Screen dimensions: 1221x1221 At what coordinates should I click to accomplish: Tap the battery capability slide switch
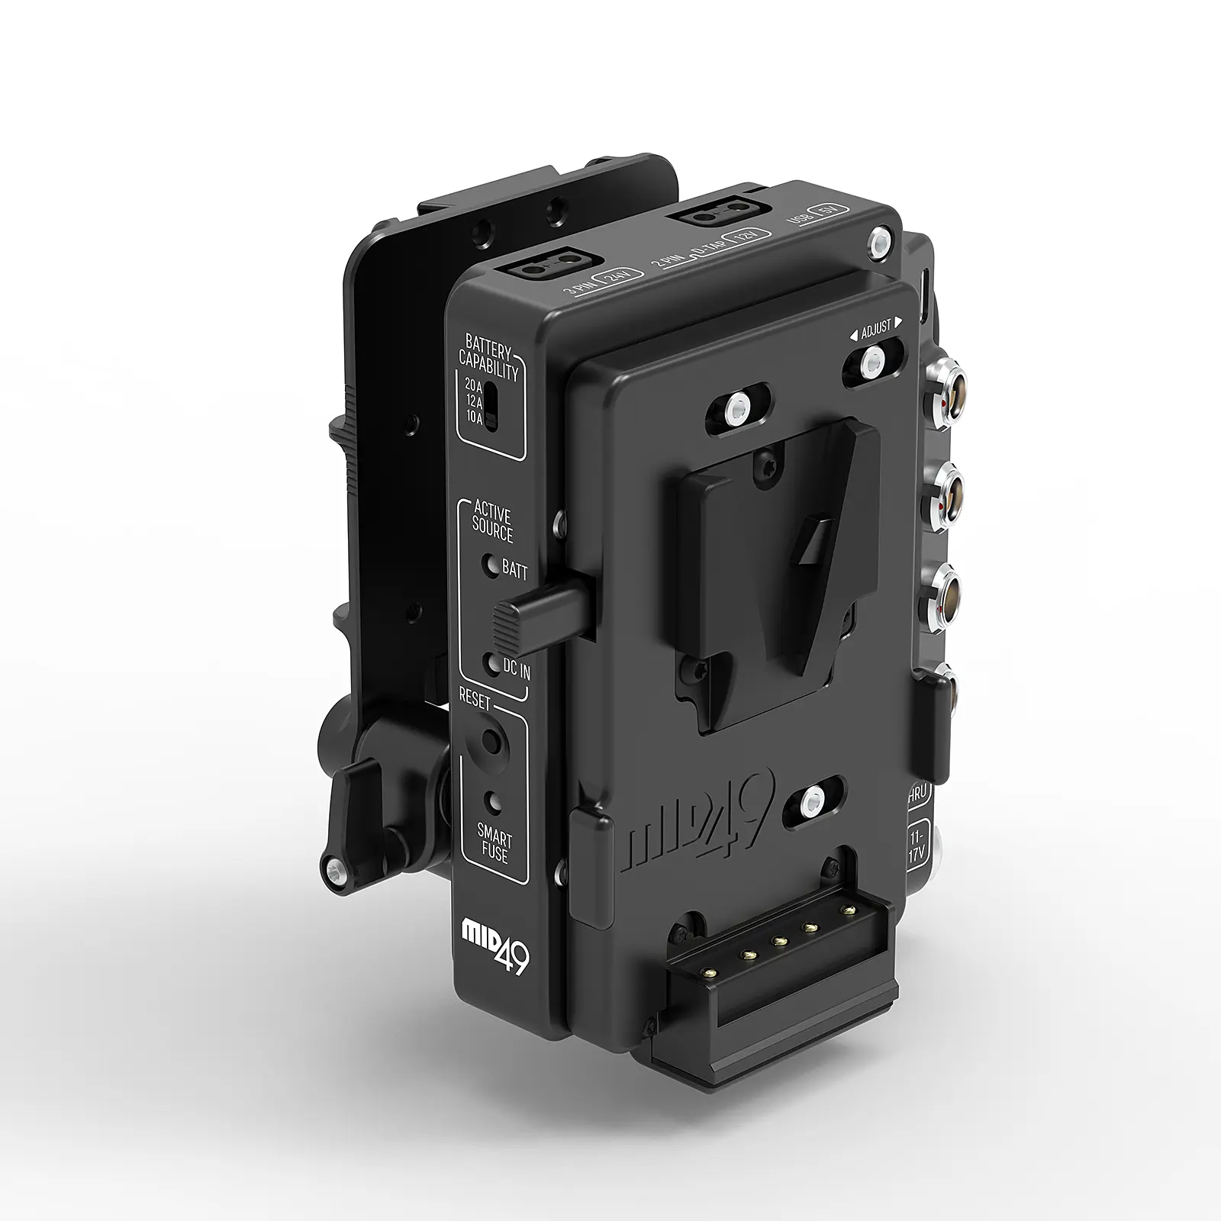pyautogui.click(x=493, y=406)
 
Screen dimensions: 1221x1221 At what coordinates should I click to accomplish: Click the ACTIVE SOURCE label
pyautogui.click(x=493, y=524)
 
